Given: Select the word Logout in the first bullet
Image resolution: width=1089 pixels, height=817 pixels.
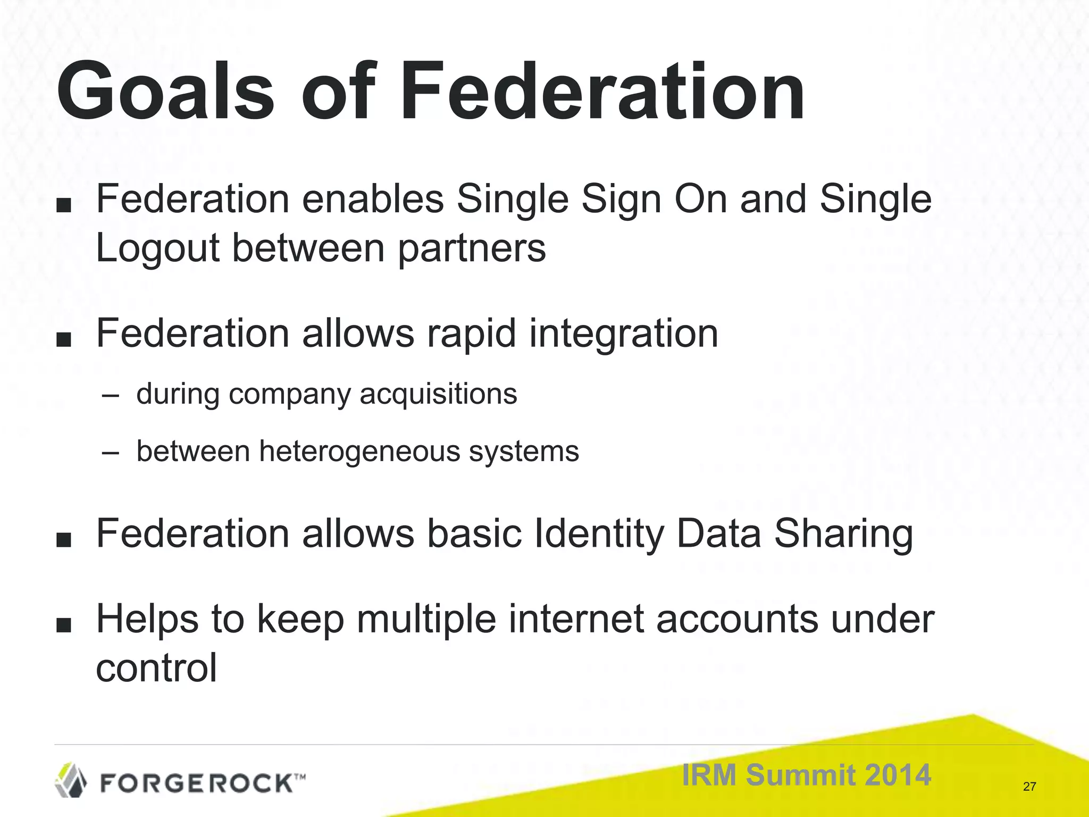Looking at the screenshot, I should click(157, 249).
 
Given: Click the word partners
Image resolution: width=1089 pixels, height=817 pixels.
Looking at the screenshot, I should click(472, 249).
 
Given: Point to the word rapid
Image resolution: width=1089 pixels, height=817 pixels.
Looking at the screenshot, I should click(471, 335).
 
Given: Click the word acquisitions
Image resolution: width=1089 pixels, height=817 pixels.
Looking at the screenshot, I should click(438, 394).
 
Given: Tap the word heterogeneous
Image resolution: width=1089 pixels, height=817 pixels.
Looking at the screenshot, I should click(359, 452).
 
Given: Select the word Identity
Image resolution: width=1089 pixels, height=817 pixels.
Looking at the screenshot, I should click(599, 535).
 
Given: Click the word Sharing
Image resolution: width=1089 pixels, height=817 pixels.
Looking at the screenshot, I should click(843, 535).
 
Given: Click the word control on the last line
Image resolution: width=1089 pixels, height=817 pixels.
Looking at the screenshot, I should click(156, 669).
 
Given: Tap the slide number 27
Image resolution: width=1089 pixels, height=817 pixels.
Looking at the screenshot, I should click(1029, 787).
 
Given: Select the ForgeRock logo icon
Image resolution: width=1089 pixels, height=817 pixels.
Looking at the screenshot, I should click(71, 780).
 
